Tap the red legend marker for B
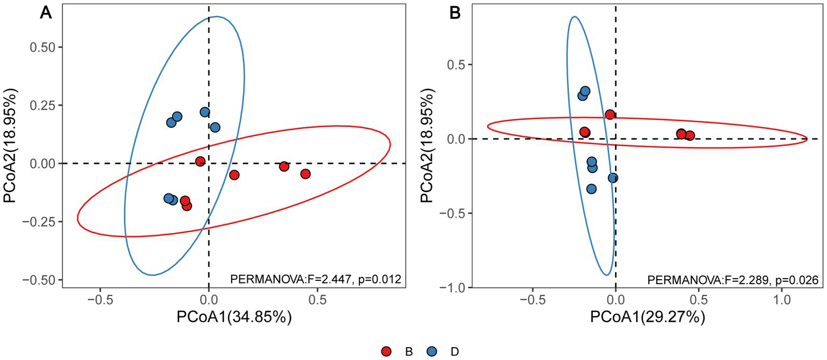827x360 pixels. pos(386,351)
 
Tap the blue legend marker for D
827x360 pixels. pos(431,351)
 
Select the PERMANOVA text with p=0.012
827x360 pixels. pos(316,279)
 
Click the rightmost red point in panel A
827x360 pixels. pos(305,174)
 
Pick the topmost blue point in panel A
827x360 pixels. pos(205,112)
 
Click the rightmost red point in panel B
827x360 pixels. pos(690,136)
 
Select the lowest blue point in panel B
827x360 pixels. pos(591,189)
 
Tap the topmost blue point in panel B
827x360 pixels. pos(585,91)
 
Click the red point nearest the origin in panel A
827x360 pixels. pos(200,161)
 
